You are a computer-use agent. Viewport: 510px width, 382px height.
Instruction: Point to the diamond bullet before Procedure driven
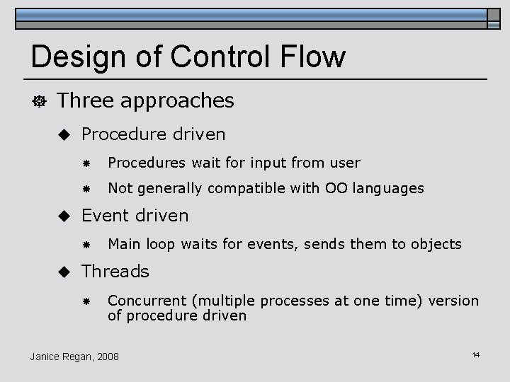tap(64, 134)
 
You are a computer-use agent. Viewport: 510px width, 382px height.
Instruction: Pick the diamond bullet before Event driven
tap(64, 216)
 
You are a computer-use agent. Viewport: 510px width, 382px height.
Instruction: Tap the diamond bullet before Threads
tap(64, 272)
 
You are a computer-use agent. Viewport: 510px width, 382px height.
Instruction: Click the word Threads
tap(115, 272)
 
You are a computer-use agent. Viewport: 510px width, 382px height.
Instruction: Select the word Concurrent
tap(143, 301)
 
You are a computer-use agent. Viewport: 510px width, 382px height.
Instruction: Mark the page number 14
tap(475, 354)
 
